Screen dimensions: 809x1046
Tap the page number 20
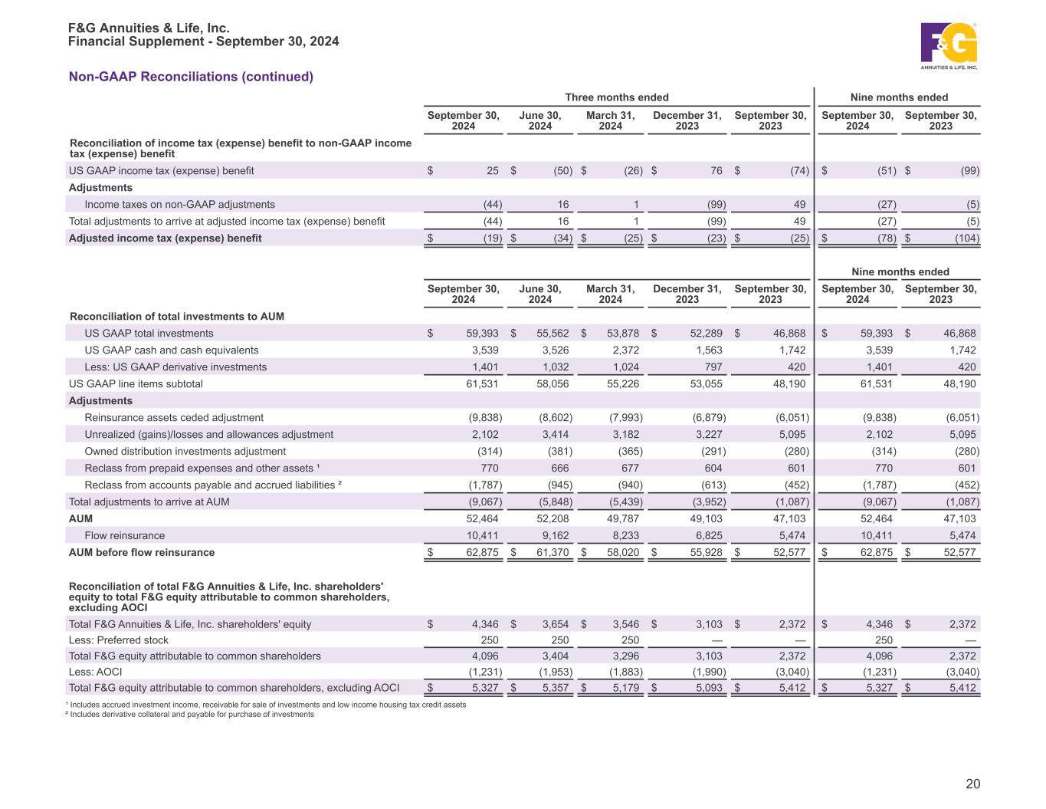tap(972, 784)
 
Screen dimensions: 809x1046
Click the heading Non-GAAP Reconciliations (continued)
tap(191, 77)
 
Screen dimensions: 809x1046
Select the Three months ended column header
tap(616, 97)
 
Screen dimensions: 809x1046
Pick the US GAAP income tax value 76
tap(716, 171)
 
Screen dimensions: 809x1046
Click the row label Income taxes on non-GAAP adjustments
tap(179, 205)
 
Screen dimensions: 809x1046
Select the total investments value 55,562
tap(552, 334)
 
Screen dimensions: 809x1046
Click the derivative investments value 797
tap(712, 367)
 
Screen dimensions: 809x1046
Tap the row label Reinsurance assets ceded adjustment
tap(174, 418)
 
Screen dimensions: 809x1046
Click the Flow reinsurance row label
tap(124, 536)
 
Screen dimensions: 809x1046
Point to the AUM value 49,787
tap(623, 519)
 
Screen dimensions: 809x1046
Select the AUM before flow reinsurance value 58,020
tap(623, 553)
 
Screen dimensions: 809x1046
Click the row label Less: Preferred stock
tap(119, 640)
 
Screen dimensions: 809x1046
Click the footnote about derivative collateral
tap(191, 715)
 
